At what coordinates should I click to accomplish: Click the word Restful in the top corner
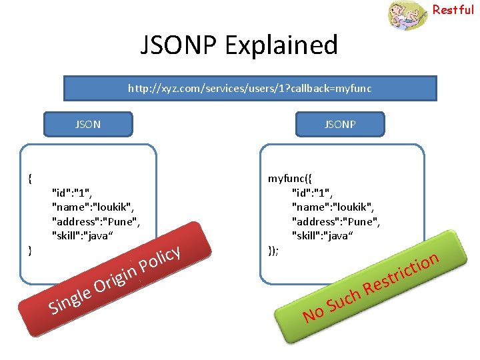point(453,10)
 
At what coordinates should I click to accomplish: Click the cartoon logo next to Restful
point(407,15)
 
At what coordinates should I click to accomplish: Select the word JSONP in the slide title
point(179,45)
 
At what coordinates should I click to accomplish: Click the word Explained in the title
point(281,45)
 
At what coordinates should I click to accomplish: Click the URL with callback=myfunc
point(249,88)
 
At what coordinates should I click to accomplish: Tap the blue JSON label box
point(88,124)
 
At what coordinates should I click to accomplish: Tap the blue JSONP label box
point(340,124)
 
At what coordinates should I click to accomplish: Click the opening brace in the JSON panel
point(30,178)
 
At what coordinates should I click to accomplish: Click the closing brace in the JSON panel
point(30,250)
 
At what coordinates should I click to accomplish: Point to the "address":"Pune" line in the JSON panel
point(96,221)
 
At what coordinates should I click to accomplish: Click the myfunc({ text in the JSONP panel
point(289,178)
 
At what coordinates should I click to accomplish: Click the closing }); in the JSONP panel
point(273,250)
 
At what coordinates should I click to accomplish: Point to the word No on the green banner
point(313,313)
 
